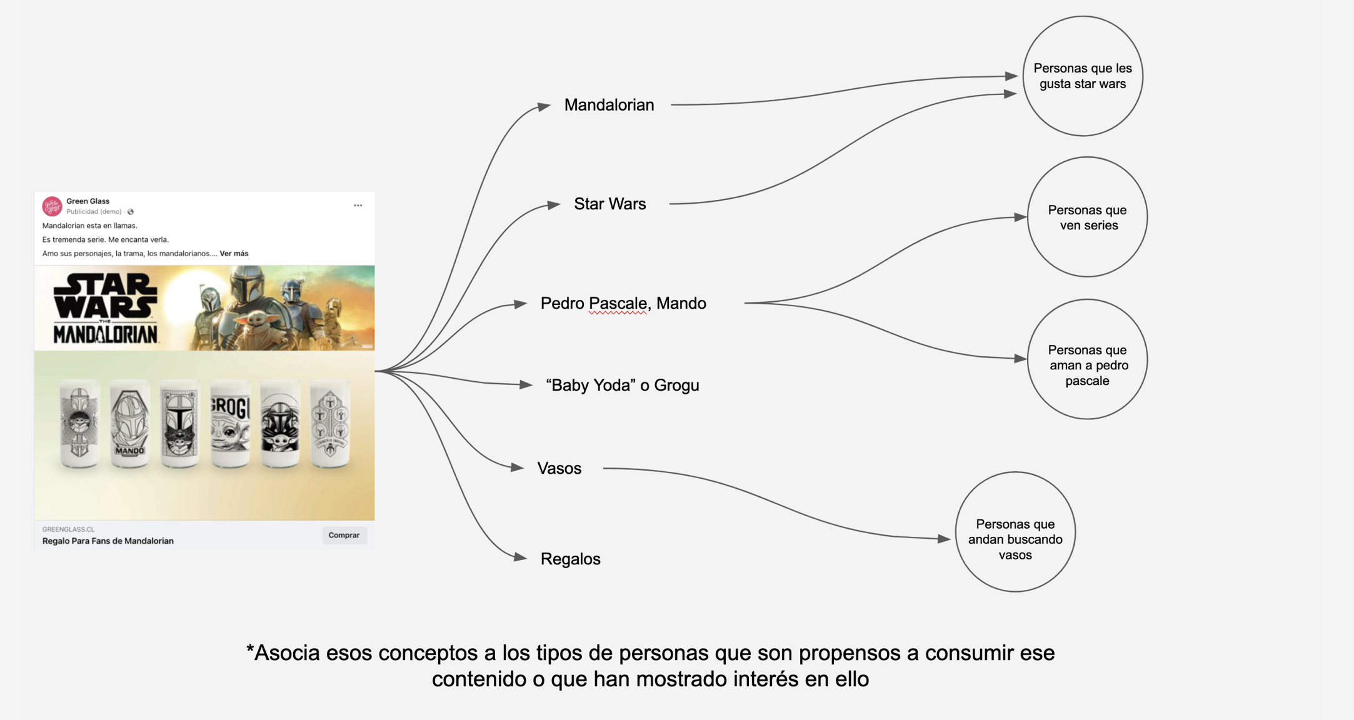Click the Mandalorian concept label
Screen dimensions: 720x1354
coord(609,105)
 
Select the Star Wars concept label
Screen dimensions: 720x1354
coord(609,204)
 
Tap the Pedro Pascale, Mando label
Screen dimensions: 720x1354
coord(623,303)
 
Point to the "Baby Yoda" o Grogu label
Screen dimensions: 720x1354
coord(622,385)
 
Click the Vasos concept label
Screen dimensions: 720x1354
coord(559,468)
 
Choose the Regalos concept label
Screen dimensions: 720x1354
coord(570,559)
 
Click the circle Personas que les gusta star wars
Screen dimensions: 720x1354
coord(1083,76)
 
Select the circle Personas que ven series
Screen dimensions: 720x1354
coord(1087,217)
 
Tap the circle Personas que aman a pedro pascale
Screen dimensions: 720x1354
coord(1087,359)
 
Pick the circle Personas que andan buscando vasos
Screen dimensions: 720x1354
coord(1015,532)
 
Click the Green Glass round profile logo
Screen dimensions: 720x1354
coord(52,206)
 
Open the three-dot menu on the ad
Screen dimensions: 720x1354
coord(358,206)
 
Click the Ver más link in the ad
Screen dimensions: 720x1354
coord(234,254)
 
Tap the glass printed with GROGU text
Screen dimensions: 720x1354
coord(230,424)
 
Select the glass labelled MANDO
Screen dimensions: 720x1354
coord(130,424)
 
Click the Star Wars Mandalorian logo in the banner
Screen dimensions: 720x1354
coord(105,309)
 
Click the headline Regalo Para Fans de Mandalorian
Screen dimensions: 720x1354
coord(108,541)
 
